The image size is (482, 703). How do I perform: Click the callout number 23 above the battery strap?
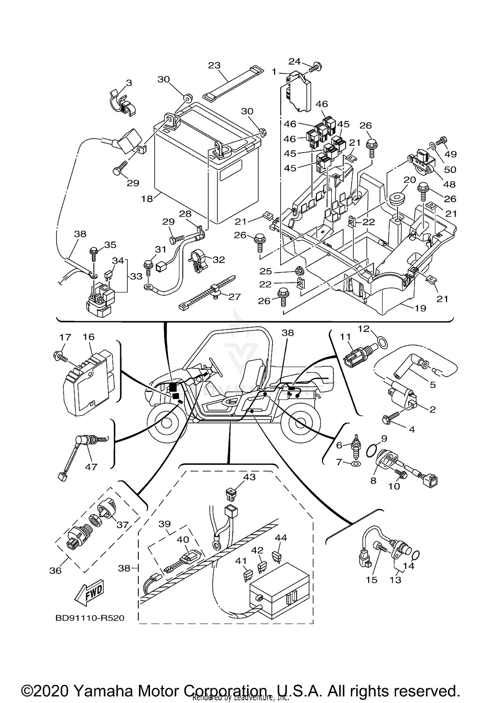[x=214, y=65]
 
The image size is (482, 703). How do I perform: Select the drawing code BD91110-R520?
[x=90, y=618]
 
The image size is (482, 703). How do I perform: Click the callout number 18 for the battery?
[x=147, y=199]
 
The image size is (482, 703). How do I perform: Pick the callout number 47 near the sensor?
[x=91, y=466]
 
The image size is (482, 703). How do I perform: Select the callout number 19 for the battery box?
[x=420, y=308]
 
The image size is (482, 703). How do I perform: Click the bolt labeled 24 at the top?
[x=316, y=67]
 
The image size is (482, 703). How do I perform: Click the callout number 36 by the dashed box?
[x=55, y=570]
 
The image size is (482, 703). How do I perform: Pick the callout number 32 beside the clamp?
[x=219, y=260]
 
